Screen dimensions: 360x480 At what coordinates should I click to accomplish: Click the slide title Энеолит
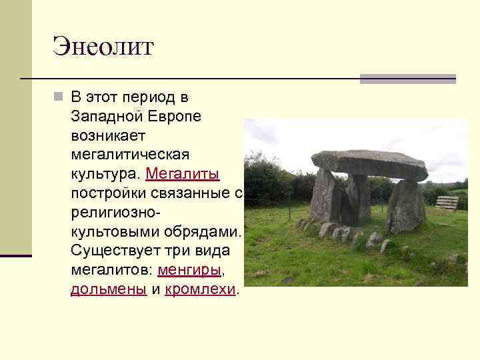pos(103,46)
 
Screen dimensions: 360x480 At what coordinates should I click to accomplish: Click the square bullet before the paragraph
pos(59,98)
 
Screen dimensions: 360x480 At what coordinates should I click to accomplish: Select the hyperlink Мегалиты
pos(182,174)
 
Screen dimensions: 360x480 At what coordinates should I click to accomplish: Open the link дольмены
pos(109,289)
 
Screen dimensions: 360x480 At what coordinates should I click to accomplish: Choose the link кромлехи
pos(200,289)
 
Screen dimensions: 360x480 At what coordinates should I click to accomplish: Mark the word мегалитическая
pos(130,155)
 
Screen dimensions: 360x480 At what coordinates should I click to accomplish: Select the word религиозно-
pos(116,213)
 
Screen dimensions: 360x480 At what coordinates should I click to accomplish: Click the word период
pos(149,97)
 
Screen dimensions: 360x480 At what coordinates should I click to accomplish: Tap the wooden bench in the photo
pos(447,202)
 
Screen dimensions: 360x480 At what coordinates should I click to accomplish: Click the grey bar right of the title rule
pos(407,79)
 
